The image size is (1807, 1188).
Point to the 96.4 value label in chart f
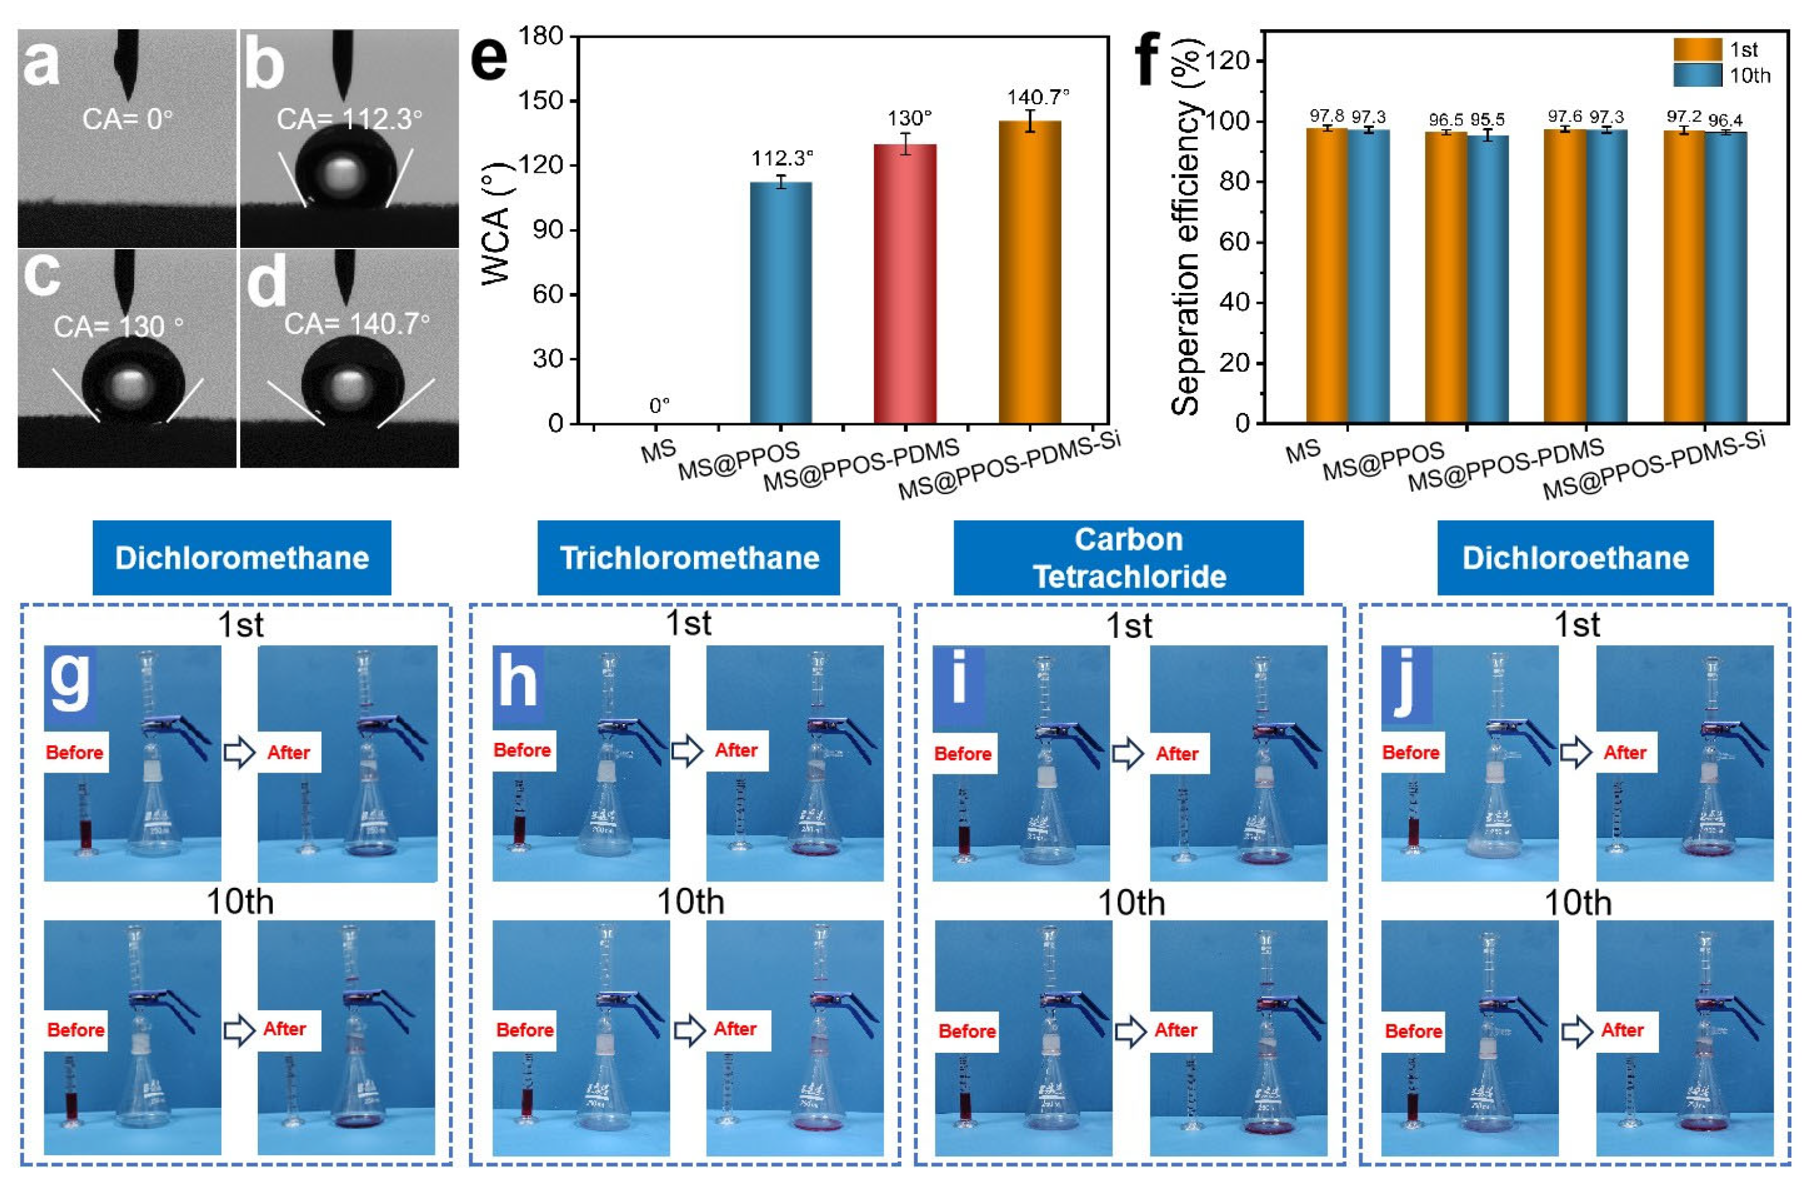point(1725,120)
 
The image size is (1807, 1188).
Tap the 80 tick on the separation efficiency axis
point(1235,181)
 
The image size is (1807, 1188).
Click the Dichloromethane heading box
point(241,558)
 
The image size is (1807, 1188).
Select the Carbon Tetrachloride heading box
point(1128,558)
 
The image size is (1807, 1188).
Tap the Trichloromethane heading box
point(688,558)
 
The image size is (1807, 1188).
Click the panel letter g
point(70,679)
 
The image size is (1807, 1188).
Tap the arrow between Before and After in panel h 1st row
point(688,751)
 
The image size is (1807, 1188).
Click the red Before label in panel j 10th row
point(1413,1031)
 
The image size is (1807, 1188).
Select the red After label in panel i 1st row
point(1177,754)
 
